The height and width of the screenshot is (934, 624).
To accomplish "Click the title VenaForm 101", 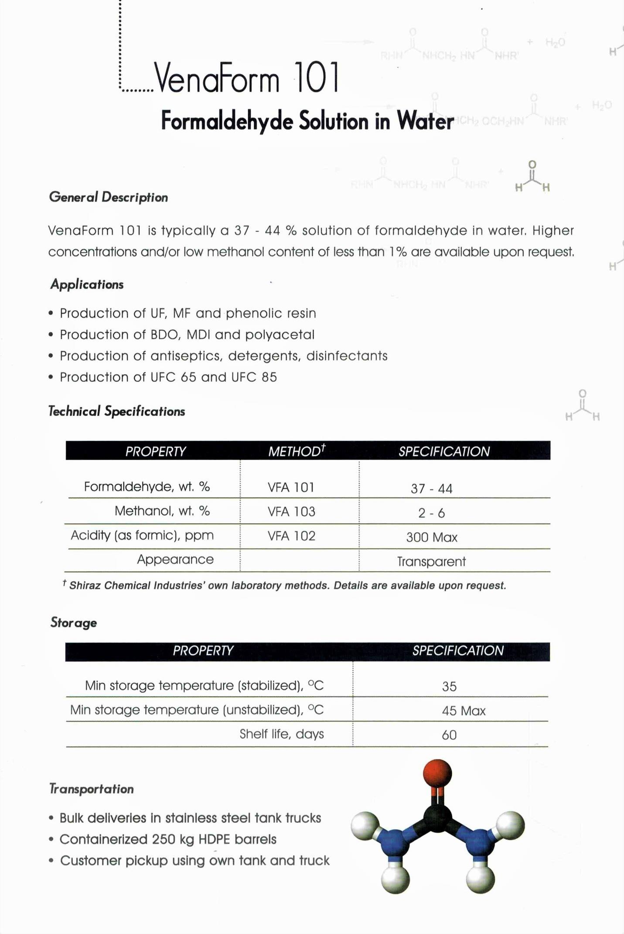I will pyautogui.click(x=247, y=79).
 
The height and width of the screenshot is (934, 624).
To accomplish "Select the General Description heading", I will pyautogui.click(x=109, y=197).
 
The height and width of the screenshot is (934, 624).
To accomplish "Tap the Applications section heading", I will pyautogui.click(x=87, y=284).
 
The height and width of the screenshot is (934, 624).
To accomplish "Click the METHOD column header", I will pyautogui.click(x=297, y=451).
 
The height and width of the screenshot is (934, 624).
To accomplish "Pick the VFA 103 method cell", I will pyautogui.click(x=291, y=511).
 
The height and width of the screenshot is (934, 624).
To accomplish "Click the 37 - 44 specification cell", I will pyautogui.click(x=431, y=488).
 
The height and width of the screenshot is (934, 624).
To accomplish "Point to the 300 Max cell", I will pyautogui.click(x=431, y=537).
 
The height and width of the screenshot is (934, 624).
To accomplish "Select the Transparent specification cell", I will pyautogui.click(x=431, y=561).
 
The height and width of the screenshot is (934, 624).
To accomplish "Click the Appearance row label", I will pyautogui.click(x=175, y=559).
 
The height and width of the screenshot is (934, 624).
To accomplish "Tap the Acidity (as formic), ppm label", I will pyautogui.click(x=142, y=535).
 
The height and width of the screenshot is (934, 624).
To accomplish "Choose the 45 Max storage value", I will pyautogui.click(x=463, y=711).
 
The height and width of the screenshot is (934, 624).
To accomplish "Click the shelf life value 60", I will pyautogui.click(x=449, y=735).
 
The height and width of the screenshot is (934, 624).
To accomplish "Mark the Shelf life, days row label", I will pyautogui.click(x=282, y=734).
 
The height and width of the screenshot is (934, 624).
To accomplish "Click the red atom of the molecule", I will pyautogui.click(x=437, y=773).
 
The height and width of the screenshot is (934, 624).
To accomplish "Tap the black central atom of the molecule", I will pyautogui.click(x=437, y=818).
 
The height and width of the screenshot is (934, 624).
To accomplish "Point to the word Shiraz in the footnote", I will pyautogui.click(x=86, y=585).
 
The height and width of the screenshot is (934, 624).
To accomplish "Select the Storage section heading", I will pyautogui.click(x=74, y=623).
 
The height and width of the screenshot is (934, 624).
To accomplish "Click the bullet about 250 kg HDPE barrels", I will pyautogui.click(x=168, y=839).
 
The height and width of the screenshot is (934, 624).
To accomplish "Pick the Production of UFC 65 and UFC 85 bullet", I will pyautogui.click(x=168, y=377).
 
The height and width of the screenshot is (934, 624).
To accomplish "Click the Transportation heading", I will pyautogui.click(x=92, y=789).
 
